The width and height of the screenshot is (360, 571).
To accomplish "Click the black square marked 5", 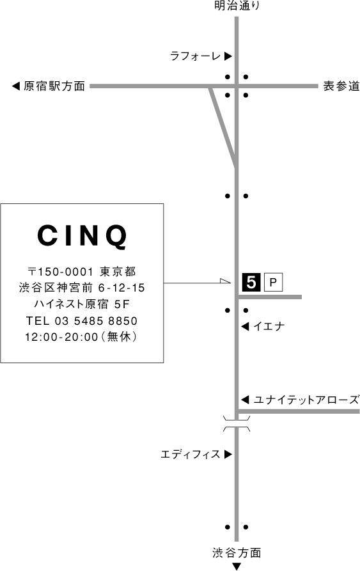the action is click(x=251, y=282).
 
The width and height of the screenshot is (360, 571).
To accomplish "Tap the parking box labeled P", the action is click(x=274, y=282).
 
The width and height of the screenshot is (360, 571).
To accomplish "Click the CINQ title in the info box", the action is click(x=82, y=236).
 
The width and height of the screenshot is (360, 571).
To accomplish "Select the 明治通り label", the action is click(x=237, y=6).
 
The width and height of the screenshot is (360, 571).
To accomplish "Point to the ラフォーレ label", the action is click(x=196, y=56).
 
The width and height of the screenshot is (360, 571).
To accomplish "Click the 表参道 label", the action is click(x=341, y=86).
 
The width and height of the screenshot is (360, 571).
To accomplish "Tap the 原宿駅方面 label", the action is click(x=54, y=86).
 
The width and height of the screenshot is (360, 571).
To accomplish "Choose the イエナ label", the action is click(x=269, y=326).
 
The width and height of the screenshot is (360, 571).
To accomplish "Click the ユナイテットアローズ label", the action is click(x=306, y=400).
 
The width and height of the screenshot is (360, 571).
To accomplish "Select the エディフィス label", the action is click(x=191, y=455).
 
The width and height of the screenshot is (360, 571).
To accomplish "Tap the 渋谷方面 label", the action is click(x=237, y=553).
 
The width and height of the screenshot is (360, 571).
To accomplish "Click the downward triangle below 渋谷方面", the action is click(x=237, y=567).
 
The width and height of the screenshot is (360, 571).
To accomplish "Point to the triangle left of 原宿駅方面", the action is click(x=15, y=86).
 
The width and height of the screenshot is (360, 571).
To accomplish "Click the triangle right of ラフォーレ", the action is click(x=228, y=56).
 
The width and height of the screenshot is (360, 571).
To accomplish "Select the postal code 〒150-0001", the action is click(x=61, y=272).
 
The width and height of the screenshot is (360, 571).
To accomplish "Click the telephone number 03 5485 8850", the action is click(x=96, y=321).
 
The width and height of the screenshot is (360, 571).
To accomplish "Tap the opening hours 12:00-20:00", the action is click(x=61, y=337).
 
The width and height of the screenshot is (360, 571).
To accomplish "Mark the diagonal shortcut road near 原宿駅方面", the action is click(x=223, y=127).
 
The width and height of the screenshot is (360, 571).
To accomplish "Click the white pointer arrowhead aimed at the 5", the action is click(x=226, y=281).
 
